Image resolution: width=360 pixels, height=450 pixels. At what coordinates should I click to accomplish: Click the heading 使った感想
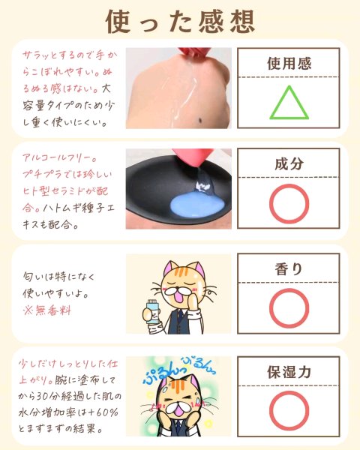click(x=180, y=21)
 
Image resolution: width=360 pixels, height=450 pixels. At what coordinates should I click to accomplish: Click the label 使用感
click(x=289, y=63)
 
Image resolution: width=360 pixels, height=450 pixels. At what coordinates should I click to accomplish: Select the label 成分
click(x=289, y=163)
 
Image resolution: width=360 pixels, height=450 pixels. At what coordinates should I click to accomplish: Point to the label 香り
click(x=289, y=269)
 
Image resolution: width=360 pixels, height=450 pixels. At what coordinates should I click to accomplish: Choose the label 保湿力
click(x=289, y=372)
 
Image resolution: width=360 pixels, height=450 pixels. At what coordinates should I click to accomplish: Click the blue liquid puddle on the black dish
click(x=196, y=205)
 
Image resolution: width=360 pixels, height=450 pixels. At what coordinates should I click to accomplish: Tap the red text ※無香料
click(x=47, y=310)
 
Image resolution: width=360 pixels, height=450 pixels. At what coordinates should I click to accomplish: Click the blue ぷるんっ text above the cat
click(x=163, y=373)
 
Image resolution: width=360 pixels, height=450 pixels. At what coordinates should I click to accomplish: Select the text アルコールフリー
click(x=59, y=157)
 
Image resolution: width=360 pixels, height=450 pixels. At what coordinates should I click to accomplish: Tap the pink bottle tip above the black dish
click(x=197, y=158)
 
